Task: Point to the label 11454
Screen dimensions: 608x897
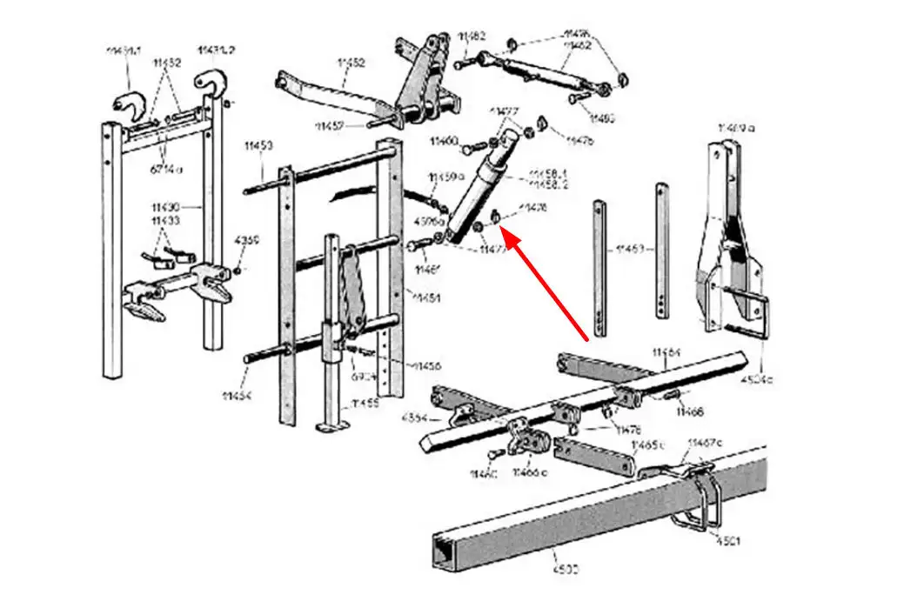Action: click(x=235, y=396)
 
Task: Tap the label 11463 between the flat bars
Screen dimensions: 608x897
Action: click(x=630, y=250)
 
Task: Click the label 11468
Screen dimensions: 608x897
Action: click(x=690, y=411)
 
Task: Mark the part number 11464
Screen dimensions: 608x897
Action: click(x=667, y=352)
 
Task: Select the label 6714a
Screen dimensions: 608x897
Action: click(x=168, y=169)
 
